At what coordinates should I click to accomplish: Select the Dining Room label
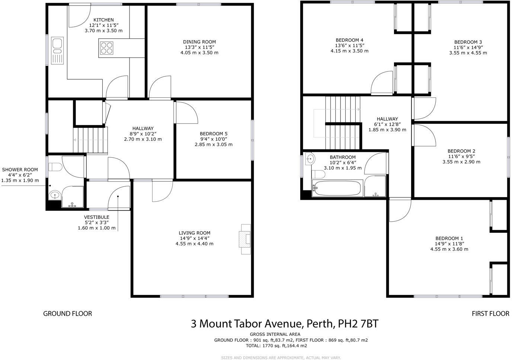click(x=199, y=42)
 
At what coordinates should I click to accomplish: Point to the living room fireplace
click(x=245, y=239)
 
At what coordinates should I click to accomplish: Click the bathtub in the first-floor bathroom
click(x=337, y=188)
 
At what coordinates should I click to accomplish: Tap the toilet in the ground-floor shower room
click(x=55, y=167)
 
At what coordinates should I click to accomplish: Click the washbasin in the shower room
click(x=55, y=195)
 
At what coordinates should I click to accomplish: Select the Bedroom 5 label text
click(x=213, y=134)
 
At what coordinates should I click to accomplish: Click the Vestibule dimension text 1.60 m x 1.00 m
click(x=96, y=228)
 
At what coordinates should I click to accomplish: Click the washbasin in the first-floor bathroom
click(x=310, y=159)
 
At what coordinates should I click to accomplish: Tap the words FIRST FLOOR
click(x=490, y=314)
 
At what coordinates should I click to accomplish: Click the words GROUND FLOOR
click(x=67, y=314)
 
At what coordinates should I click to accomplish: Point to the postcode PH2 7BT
click(x=358, y=324)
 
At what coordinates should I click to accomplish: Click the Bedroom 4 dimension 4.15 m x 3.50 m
click(x=349, y=51)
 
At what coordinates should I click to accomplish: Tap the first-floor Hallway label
click(x=387, y=119)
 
